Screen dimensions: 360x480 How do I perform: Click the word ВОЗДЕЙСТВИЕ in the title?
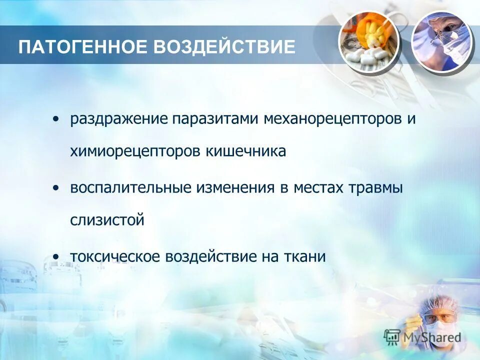pyautogui.click(x=224, y=47)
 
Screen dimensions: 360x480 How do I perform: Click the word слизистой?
pyautogui.click(x=107, y=220)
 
